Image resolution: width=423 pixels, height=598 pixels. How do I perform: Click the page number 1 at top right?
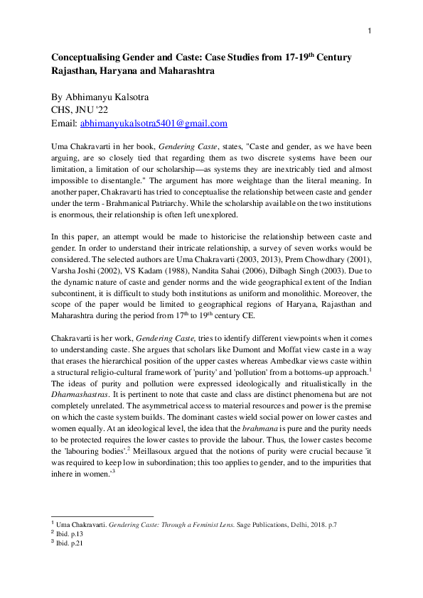(370, 30)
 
